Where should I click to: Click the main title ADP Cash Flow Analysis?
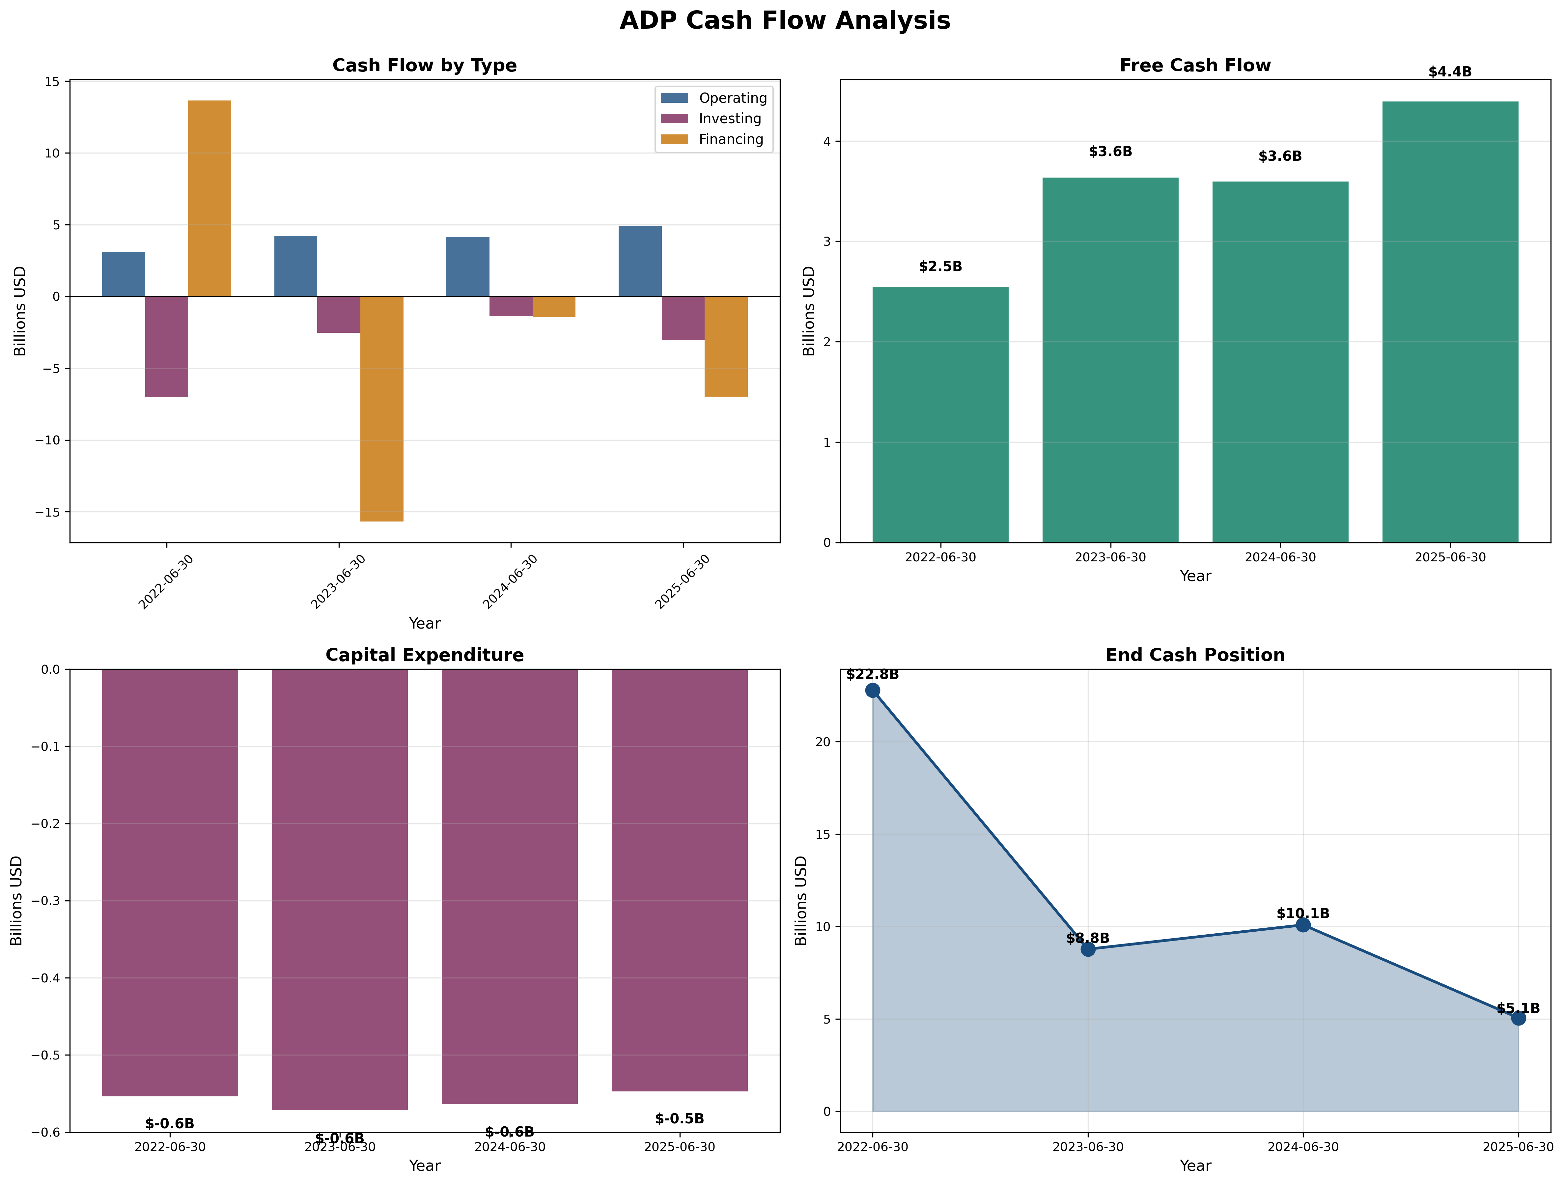(x=785, y=20)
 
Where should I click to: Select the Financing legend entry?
(x=730, y=139)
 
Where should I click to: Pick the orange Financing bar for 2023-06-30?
(x=382, y=409)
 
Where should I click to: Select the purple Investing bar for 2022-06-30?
(x=166, y=347)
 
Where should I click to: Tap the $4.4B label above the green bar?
(x=1449, y=72)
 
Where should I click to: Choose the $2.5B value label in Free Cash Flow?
(x=940, y=267)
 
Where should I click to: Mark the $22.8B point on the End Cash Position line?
(x=873, y=690)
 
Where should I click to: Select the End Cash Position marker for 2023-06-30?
(x=1088, y=949)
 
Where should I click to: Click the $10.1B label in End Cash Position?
(x=1302, y=914)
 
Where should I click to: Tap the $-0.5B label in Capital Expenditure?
(x=680, y=1119)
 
